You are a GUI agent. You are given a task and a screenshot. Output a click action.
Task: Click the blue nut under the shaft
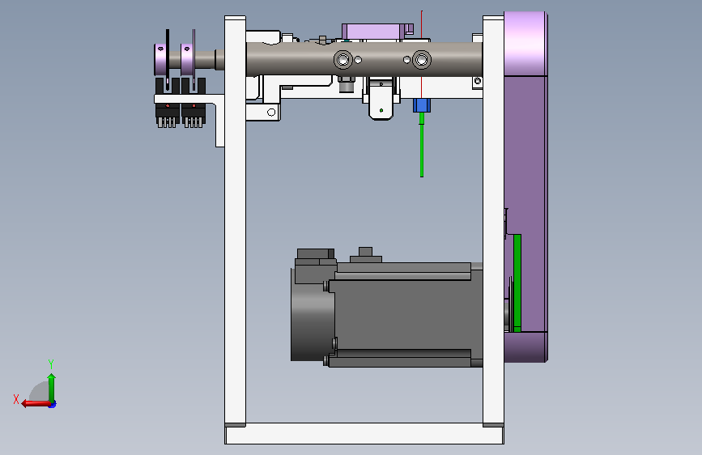421,106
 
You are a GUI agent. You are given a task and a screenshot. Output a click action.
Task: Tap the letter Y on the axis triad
51,364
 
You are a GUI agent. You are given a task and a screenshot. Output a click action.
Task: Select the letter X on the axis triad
16,399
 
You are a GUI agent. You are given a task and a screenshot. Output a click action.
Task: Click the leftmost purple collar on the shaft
160,59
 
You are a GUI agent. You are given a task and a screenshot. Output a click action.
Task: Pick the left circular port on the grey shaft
343,59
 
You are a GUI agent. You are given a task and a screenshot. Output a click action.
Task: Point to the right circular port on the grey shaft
421,59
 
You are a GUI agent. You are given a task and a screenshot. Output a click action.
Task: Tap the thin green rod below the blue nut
422,145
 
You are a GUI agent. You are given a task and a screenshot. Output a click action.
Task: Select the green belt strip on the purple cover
517,283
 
